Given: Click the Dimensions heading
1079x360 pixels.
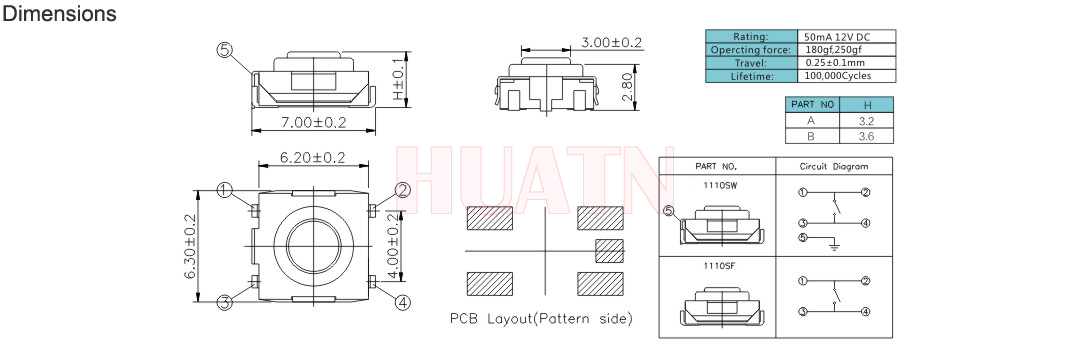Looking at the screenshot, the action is (59, 13).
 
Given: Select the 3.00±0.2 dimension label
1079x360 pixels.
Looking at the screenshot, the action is (612, 43).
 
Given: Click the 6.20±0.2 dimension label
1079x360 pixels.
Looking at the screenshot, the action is (312, 157).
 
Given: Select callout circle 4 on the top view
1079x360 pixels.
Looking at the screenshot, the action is (403, 301).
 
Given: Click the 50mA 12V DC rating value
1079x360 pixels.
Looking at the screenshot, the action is (831, 36).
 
